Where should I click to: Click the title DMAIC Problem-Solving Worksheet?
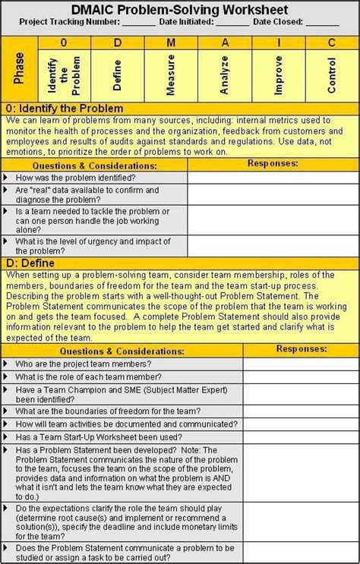point(179,9)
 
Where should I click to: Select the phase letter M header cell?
point(170,43)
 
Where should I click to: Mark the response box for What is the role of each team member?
point(300,377)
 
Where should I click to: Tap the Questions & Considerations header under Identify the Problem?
point(94,164)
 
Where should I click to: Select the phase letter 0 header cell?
point(64,43)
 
